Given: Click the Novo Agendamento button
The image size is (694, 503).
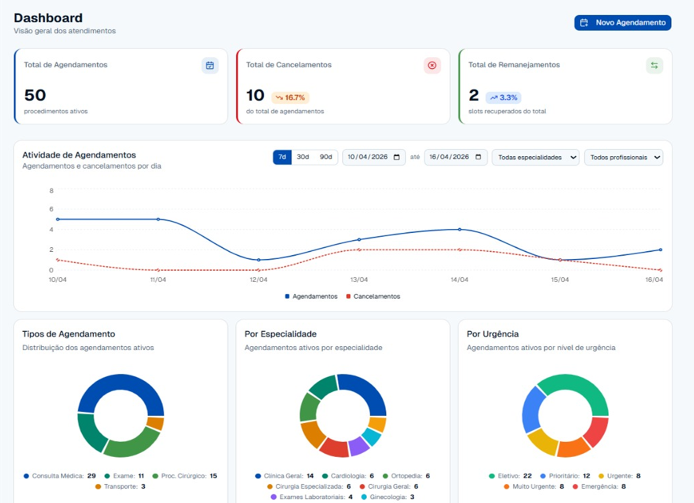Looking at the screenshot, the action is (x=623, y=22).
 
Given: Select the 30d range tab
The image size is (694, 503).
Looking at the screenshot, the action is (x=303, y=157).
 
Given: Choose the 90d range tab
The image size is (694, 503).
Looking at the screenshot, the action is (x=326, y=157).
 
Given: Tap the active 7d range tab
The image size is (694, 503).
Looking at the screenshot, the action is (x=282, y=157).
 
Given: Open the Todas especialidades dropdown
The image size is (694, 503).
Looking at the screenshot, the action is (x=535, y=158).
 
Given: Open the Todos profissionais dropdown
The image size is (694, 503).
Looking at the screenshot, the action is (x=624, y=158).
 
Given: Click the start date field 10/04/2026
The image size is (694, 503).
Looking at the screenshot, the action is (x=374, y=157).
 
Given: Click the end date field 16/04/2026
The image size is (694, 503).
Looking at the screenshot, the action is (x=456, y=157).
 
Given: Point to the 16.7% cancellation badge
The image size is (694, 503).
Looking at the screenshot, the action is (x=290, y=98).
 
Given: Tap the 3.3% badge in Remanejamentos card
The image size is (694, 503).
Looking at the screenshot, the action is (x=503, y=98).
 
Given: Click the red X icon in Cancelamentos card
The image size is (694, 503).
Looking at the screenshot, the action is (x=432, y=66).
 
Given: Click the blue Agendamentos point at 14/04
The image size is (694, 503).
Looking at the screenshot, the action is (x=460, y=230).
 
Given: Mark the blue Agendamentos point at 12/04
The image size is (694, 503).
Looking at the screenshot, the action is (x=259, y=260).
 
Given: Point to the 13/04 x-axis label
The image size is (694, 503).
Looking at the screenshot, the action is (x=359, y=280).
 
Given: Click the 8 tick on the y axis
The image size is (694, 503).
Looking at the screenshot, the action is (x=51, y=191).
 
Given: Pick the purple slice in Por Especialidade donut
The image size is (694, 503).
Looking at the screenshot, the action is (x=359, y=446).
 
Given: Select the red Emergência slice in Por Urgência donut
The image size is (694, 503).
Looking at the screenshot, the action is (x=595, y=432).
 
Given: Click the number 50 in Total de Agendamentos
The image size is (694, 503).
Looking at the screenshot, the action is (x=35, y=95).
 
